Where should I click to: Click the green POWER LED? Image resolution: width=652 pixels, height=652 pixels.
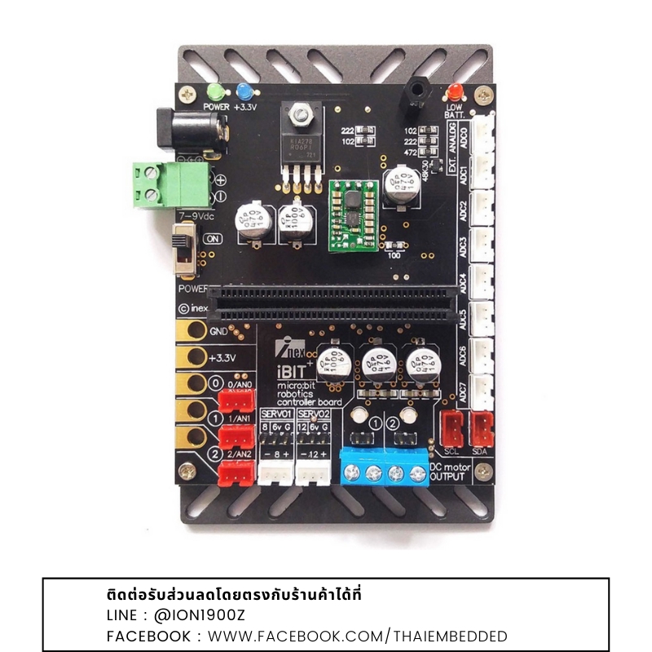pyautogui.click(x=215, y=91)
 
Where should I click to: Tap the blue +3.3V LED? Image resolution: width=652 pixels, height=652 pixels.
pyautogui.click(x=243, y=92)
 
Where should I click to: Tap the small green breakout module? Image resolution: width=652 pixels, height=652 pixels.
pyautogui.click(x=353, y=217)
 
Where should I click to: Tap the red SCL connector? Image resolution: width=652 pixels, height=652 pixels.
pyautogui.click(x=452, y=427)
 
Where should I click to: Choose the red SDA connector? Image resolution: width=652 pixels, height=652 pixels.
pyautogui.click(x=482, y=427)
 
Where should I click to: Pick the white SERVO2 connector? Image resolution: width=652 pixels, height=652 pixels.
pyautogui.click(x=311, y=471)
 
